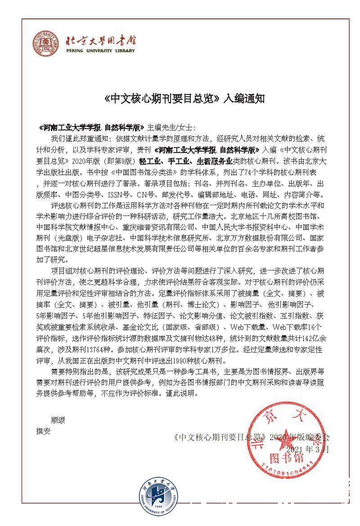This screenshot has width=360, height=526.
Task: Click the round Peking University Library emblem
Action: (x=45, y=45)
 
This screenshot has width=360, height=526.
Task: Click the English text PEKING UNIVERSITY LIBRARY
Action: (x=100, y=51)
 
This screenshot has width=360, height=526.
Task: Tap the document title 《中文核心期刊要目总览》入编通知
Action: (x=181, y=99)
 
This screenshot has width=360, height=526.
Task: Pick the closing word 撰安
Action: (x=44, y=431)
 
